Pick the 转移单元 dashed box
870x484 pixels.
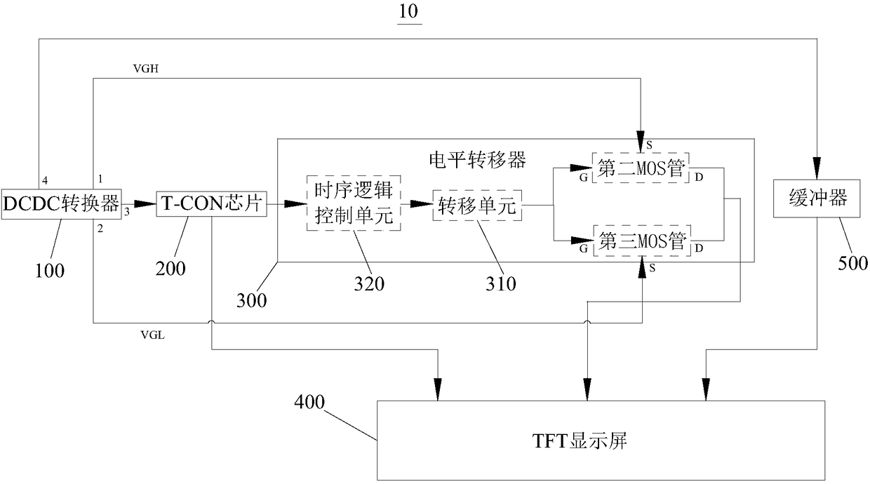click(x=477, y=206)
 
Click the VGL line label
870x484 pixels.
click(x=153, y=335)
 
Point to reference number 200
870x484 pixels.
click(x=171, y=268)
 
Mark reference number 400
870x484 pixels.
click(x=310, y=403)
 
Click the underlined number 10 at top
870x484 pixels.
click(x=409, y=13)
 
